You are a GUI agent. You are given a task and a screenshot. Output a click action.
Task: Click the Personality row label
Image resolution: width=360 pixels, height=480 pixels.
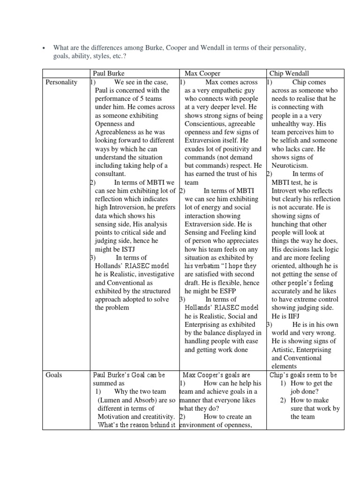pos(61,82)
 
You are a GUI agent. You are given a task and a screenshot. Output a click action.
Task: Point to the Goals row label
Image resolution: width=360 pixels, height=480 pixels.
pos(54,375)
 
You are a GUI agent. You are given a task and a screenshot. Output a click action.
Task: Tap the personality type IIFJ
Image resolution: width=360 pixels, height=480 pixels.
pos(280,316)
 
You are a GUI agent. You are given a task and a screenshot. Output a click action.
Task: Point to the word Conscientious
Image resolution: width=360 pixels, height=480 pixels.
pos(206,124)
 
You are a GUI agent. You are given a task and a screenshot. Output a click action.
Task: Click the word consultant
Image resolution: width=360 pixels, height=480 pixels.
pos(111,174)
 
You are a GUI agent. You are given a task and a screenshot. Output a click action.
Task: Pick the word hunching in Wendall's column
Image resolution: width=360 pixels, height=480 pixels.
pos(286,224)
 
